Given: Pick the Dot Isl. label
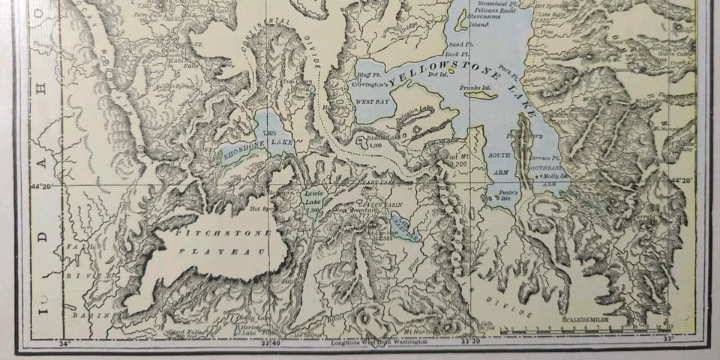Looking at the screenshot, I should click(x=437, y=74).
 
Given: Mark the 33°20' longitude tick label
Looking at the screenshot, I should click(x=470, y=342).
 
